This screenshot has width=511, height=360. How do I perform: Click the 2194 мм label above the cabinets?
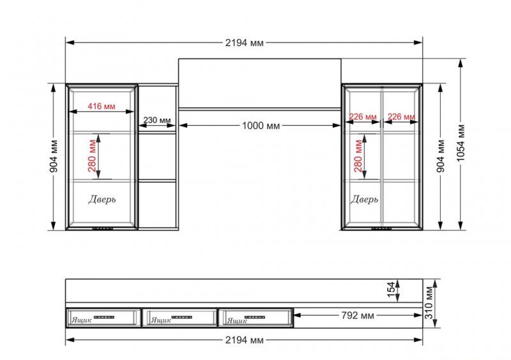[x=244, y=43]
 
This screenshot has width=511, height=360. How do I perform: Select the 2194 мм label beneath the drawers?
[x=244, y=340]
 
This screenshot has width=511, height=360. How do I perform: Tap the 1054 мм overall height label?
[x=460, y=143]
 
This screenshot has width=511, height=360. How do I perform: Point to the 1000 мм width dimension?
[x=261, y=126]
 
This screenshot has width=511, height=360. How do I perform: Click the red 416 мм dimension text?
[x=102, y=106]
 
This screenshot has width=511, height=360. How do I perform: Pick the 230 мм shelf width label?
[x=157, y=120]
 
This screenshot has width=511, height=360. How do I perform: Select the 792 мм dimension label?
[x=358, y=315]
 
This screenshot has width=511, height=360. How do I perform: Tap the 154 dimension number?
[x=391, y=289]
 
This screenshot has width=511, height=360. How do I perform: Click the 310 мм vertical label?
[x=429, y=303]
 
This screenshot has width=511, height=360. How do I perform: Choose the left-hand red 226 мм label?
[x=363, y=116]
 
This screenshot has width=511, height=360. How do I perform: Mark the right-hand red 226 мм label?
[x=401, y=116]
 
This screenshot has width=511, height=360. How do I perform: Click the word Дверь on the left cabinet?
[x=102, y=199]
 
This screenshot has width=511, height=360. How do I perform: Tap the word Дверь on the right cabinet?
[x=364, y=199]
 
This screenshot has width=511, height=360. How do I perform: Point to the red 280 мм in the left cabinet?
[x=92, y=156]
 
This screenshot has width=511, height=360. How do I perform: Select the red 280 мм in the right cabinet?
[x=358, y=156]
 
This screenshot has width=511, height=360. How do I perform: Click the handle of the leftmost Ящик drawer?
[x=104, y=317]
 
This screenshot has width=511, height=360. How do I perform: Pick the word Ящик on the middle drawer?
[x=161, y=320]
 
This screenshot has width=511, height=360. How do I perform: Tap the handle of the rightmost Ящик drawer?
[x=255, y=317]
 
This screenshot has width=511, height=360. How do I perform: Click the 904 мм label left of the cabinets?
[x=54, y=156]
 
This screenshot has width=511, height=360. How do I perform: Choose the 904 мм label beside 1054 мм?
[x=440, y=156]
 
